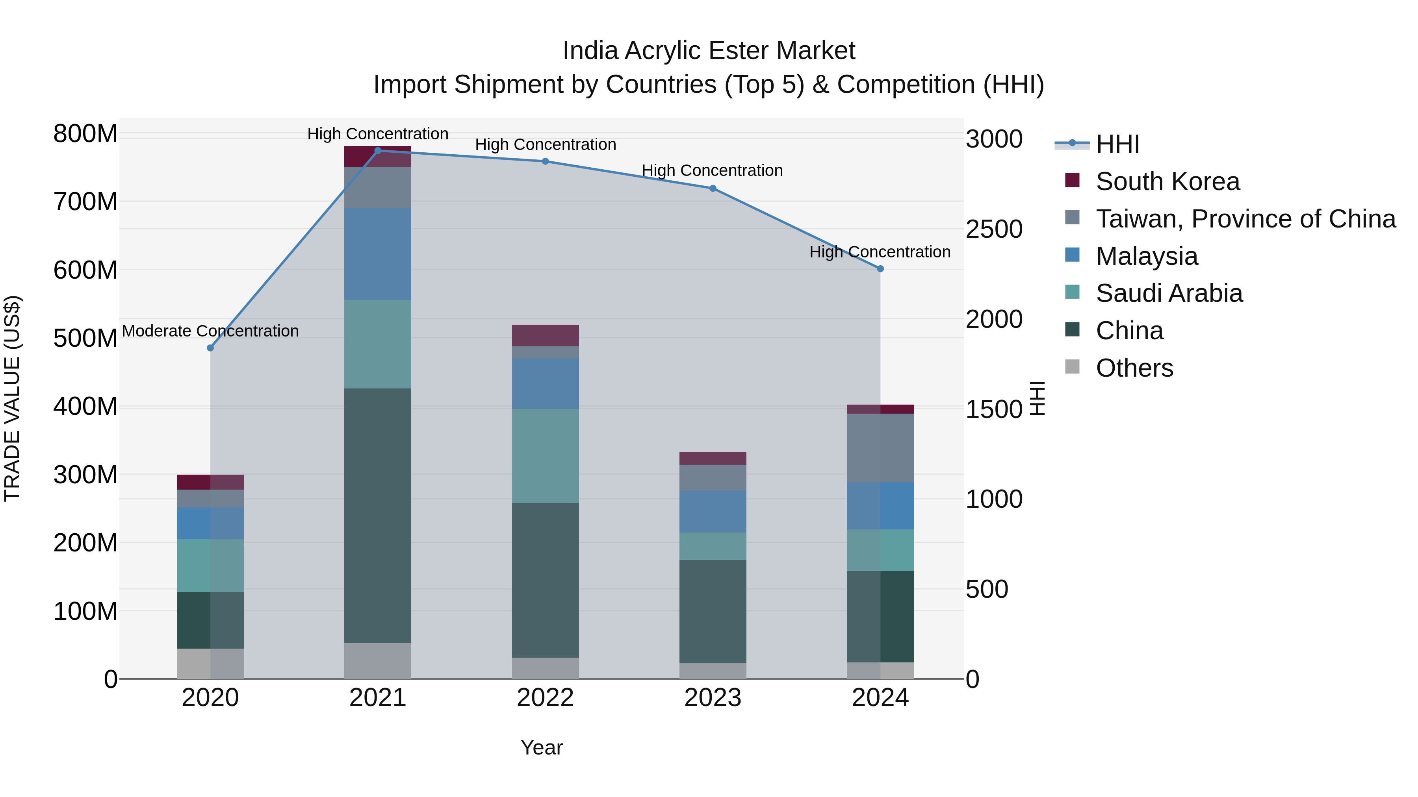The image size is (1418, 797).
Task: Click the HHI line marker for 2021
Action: (x=378, y=151)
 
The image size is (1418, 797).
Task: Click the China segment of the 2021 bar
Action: (x=378, y=515)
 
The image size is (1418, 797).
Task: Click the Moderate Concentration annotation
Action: (x=210, y=331)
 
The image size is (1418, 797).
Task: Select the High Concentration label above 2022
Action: (x=545, y=145)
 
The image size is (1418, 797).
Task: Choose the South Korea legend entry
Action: (x=1167, y=181)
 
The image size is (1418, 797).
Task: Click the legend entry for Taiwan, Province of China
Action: (x=1245, y=219)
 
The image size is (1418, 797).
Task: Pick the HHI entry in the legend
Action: (x=1117, y=144)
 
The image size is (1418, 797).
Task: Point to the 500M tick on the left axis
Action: (x=85, y=338)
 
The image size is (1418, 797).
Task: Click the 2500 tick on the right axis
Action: (x=994, y=229)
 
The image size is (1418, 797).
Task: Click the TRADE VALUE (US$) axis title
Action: (x=12, y=398)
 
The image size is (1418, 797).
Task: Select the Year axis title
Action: (x=542, y=747)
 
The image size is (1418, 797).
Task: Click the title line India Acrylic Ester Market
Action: (x=709, y=51)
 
